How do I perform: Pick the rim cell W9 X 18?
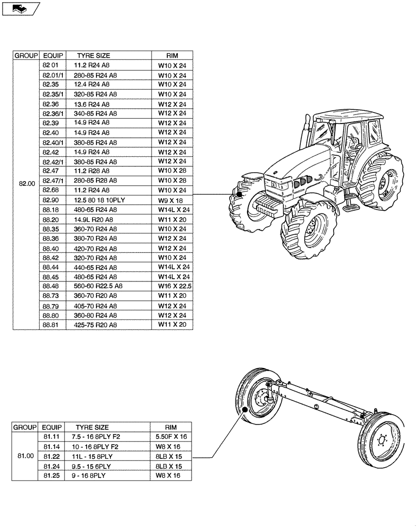172,200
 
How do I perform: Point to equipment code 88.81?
51,325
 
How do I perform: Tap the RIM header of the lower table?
171,427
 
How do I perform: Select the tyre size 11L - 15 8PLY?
93,456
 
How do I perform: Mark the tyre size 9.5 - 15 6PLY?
93,466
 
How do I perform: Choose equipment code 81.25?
51,476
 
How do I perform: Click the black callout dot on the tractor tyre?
240,194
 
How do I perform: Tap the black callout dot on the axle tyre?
245,409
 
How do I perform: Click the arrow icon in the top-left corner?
20,8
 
